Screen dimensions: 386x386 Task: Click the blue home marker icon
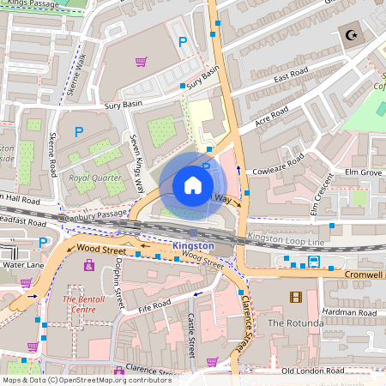tap(193, 184)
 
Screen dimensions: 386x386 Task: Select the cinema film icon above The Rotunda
tap(296, 297)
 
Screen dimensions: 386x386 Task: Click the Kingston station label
tap(192, 244)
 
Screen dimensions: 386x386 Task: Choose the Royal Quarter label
tap(90, 178)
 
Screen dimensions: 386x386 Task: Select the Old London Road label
tap(312, 371)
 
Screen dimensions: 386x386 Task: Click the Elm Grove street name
tap(364, 172)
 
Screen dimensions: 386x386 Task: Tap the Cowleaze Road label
tap(276, 165)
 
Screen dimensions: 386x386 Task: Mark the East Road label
tap(291, 78)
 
